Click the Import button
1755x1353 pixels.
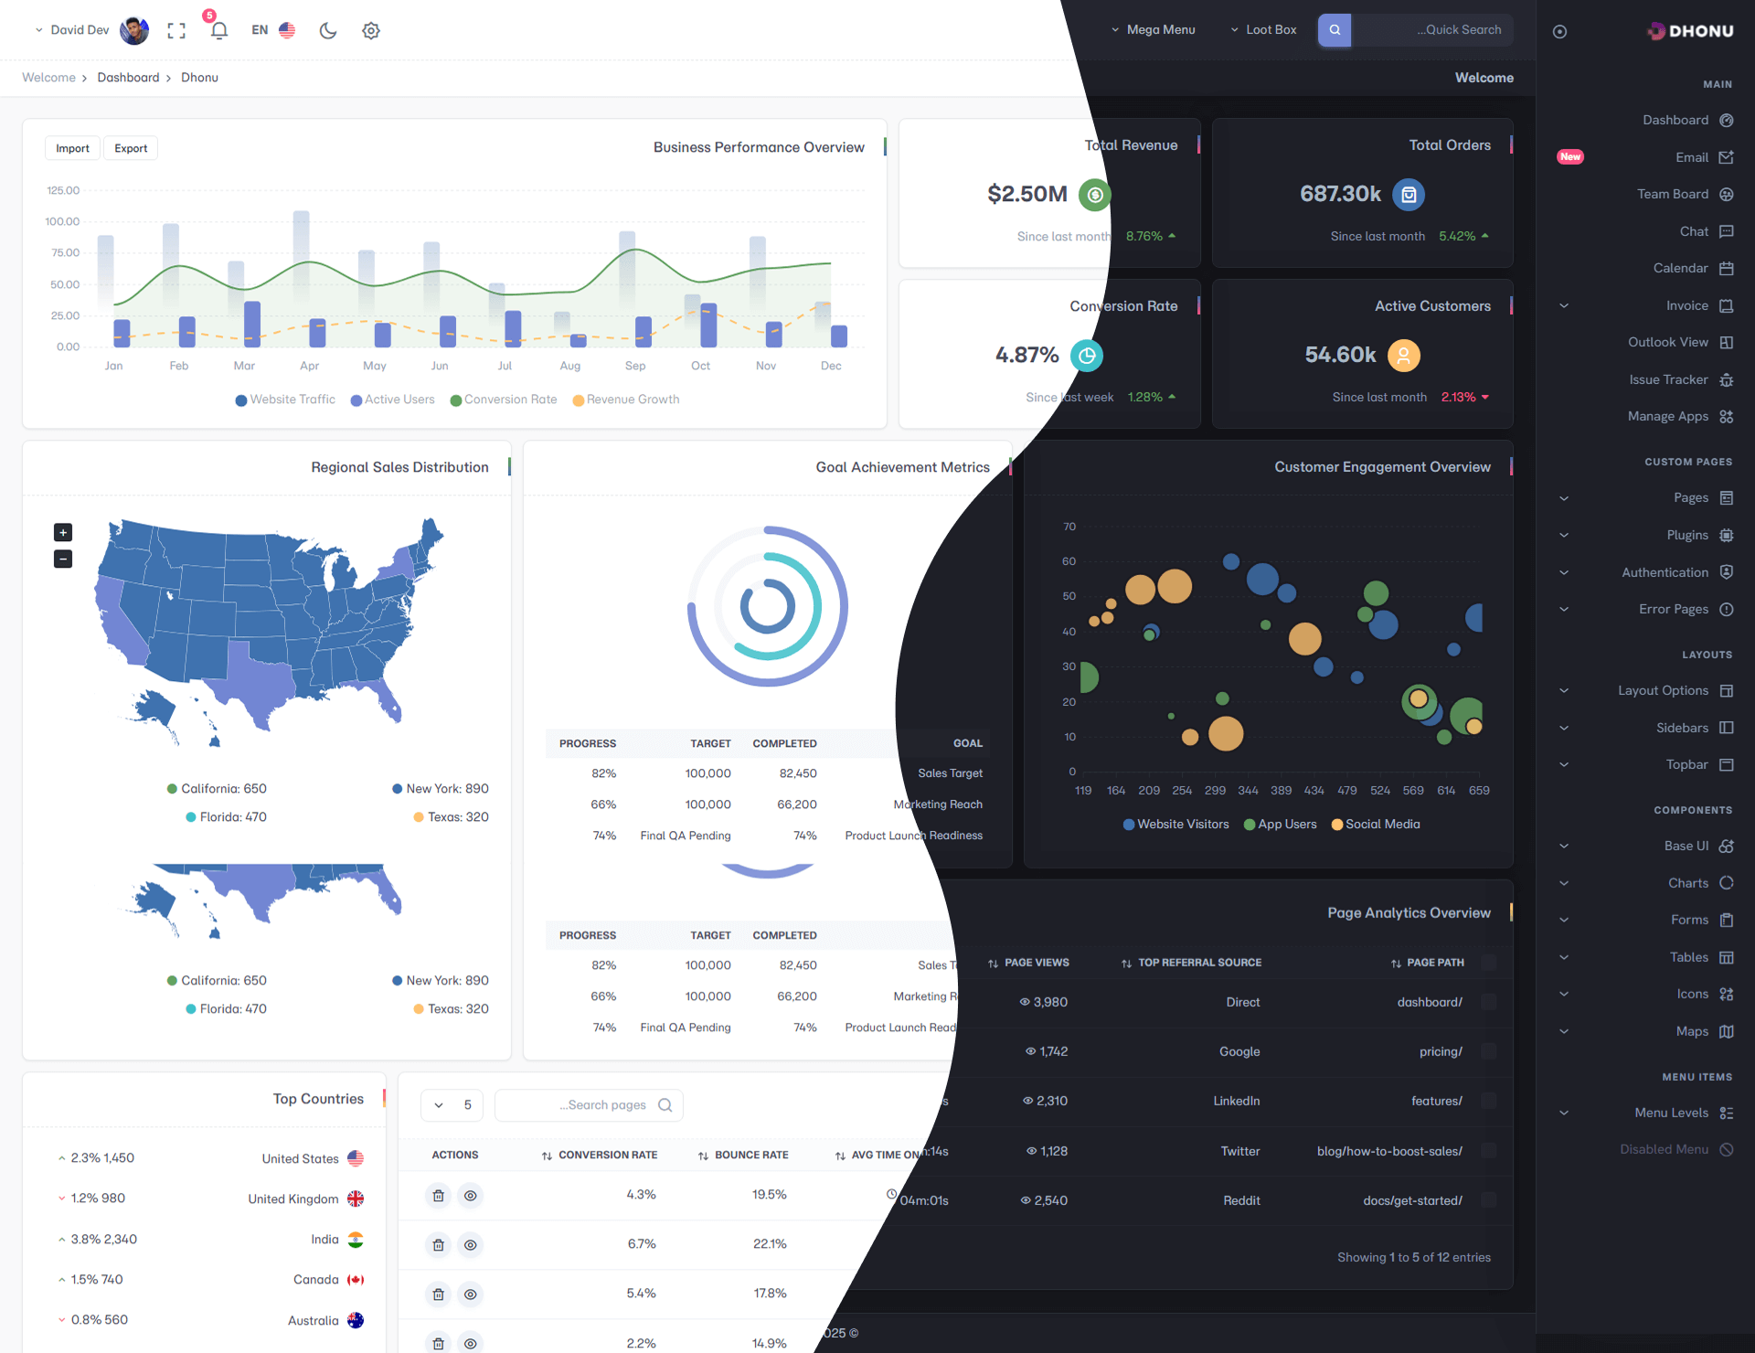72,148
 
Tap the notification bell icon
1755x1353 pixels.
218,30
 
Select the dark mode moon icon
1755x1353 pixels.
328,30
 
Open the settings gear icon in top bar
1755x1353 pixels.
370,30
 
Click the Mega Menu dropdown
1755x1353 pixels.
1154,30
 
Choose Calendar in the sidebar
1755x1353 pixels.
1680,268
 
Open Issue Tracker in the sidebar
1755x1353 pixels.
1668,379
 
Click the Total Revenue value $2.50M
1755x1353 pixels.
1027,194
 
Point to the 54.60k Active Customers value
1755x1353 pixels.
1340,355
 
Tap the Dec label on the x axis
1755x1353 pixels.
831,366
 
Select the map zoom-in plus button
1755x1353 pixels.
63,532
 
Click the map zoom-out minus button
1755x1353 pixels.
63,559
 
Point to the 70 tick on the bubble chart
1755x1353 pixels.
1069,527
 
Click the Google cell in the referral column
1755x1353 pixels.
1239,1051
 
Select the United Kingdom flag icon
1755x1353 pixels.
356,1199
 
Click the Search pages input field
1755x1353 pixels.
589,1105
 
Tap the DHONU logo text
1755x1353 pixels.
1701,31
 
